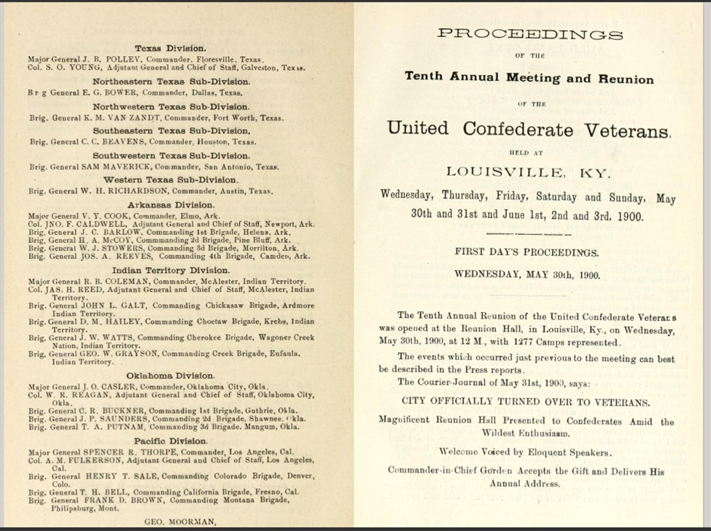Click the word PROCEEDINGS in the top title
[529, 34]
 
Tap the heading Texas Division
[171, 48]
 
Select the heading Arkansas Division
[171, 205]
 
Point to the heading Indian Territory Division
[171, 271]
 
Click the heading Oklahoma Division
[171, 376]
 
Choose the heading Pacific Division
[171, 441]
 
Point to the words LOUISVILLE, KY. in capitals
[528, 172]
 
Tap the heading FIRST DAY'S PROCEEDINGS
[527, 252]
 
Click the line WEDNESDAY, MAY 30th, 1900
[527, 275]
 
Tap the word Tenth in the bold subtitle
[424, 78]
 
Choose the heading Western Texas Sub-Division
[171, 180]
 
